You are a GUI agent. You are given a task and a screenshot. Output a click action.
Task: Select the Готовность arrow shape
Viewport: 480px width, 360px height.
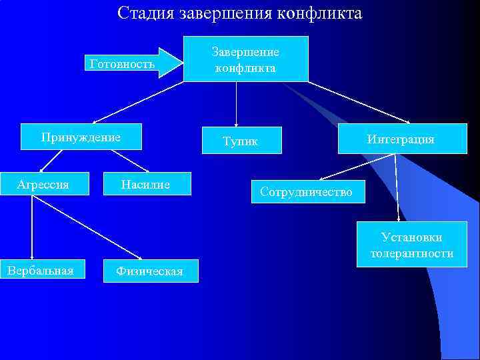[x=133, y=63]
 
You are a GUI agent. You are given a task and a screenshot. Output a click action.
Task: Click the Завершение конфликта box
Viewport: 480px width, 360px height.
[x=245, y=59]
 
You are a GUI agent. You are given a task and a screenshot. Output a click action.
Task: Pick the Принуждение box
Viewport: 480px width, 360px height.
[x=81, y=137]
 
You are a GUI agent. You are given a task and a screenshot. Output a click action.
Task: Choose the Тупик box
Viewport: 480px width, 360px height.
[x=241, y=141]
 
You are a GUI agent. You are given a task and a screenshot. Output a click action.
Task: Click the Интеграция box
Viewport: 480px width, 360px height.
[x=400, y=139]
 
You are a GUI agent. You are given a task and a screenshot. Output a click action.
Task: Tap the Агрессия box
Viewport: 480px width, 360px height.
[x=43, y=184]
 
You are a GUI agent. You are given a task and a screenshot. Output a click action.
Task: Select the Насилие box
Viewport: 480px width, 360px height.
[x=147, y=184]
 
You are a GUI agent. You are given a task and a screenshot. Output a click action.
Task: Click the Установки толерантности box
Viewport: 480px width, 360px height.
[x=411, y=245]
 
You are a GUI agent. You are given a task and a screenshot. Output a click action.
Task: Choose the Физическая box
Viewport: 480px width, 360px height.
[x=150, y=271]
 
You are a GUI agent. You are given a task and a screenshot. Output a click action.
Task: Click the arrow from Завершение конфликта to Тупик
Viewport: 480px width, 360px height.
[x=237, y=104]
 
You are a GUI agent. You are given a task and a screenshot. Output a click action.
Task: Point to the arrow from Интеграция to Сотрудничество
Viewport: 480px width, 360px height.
[x=357, y=167]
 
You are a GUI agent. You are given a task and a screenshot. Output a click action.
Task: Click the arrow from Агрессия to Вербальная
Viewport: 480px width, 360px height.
[x=31, y=227]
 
